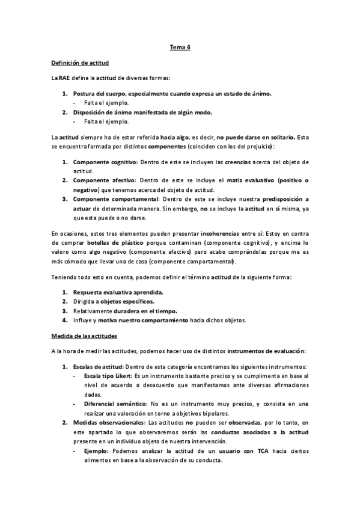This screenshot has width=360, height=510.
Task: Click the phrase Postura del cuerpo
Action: pyautogui.click(x=99, y=93)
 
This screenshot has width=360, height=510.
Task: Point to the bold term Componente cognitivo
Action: pyautogui.click(x=105, y=162)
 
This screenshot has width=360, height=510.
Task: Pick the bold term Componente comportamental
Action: pyautogui.click(x=115, y=198)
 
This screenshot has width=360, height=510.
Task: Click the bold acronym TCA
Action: pyautogui.click(x=263, y=452)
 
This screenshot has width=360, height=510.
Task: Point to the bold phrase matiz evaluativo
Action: pyautogui.click(x=257, y=180)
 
